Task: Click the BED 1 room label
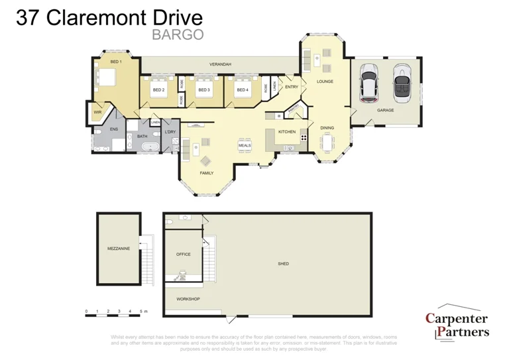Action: click(116, 62)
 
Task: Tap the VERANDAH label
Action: click(220, 64)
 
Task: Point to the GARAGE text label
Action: click(385, 110)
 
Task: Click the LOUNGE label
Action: click(325, 82)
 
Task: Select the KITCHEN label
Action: click(286, 132)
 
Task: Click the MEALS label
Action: click(245, 145)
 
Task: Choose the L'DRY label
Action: click(170, 133)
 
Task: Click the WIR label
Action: click(97, 112)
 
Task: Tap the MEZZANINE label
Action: click(118, 249)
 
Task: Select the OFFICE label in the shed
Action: click(184, 254)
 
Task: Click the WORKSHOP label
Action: click(188, 299)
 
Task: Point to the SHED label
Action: click(283, 264)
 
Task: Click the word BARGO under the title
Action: click(178, 35)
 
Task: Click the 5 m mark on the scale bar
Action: click(142, 311)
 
